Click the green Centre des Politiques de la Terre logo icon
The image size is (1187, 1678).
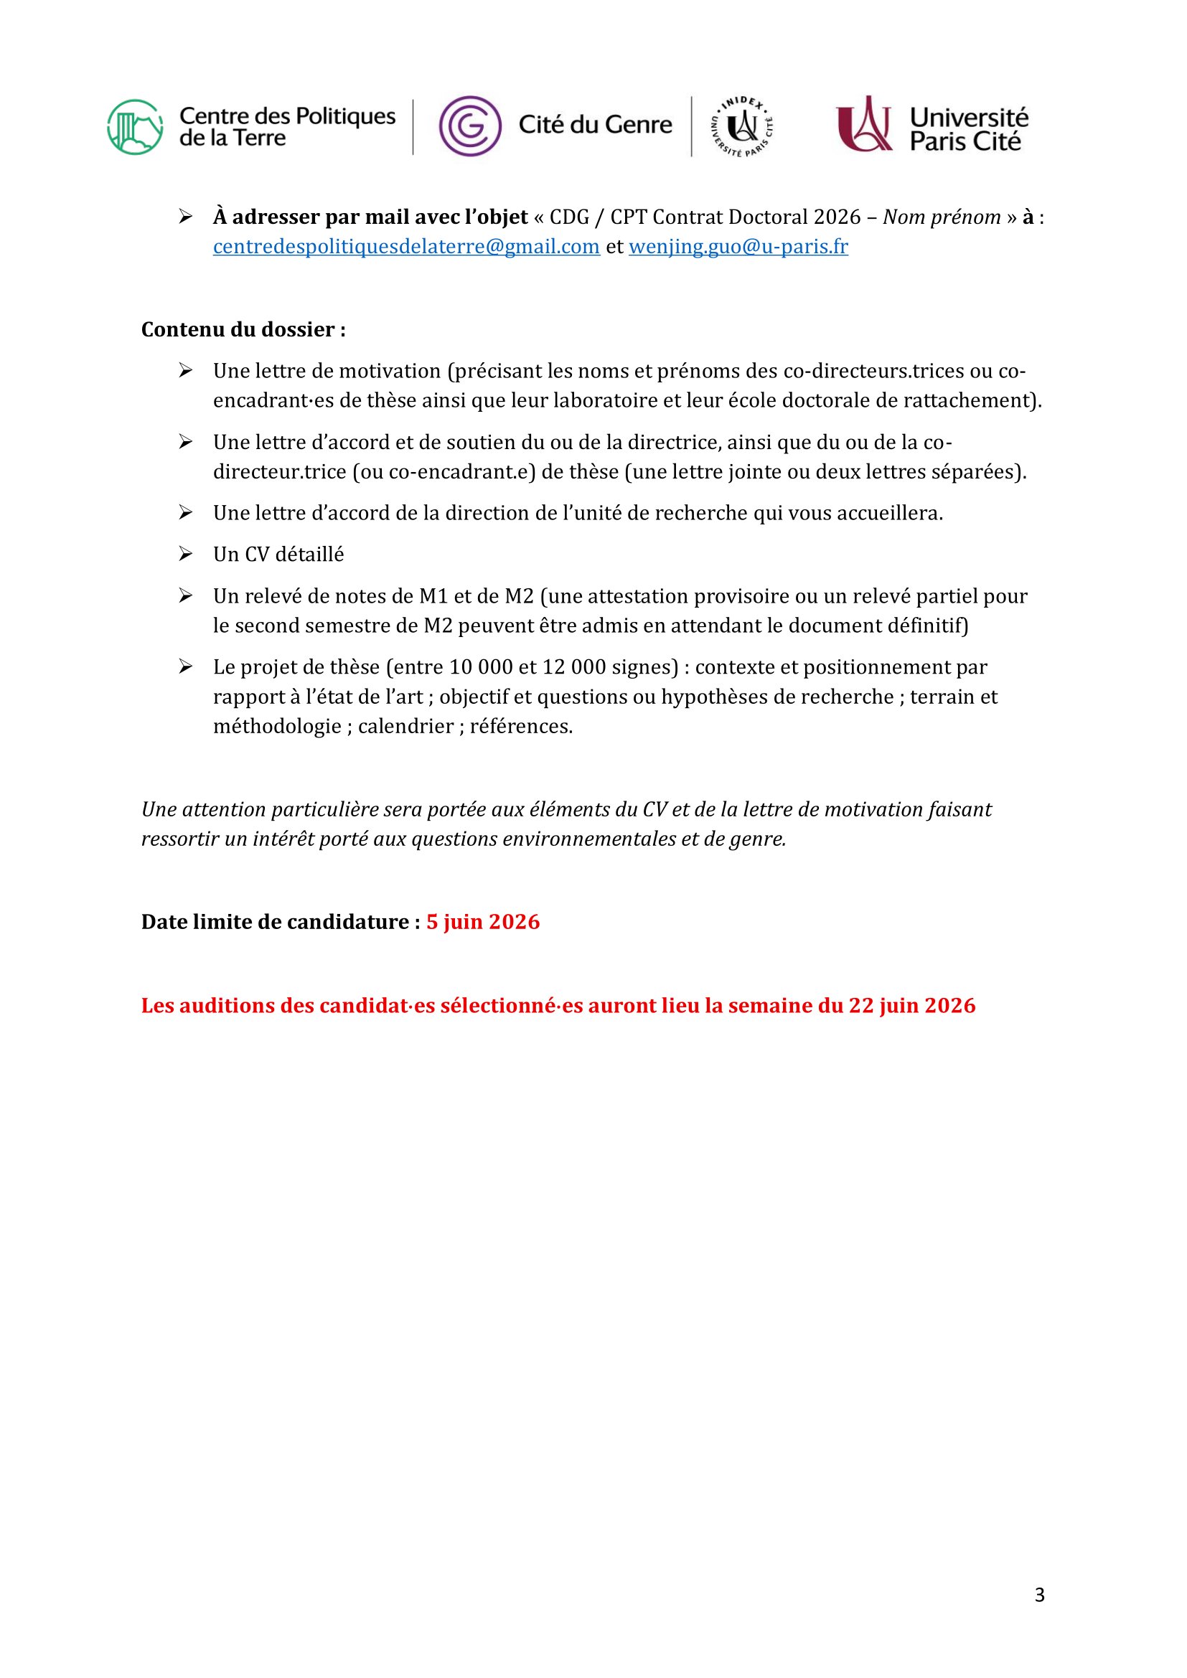[135, 127]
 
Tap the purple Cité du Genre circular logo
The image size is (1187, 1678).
[470, 126]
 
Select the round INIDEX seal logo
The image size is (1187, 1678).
[743, 126]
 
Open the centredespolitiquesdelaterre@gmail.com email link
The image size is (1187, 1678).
[406, 247]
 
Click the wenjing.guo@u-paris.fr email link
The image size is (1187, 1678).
[738, 247]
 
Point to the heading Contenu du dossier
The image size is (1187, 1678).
[243, 329]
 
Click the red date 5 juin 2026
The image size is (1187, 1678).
[483, 922]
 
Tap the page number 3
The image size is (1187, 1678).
[1039, 1595]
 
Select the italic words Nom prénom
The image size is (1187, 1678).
[942, 217]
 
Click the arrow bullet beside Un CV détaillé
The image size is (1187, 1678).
[186, 554]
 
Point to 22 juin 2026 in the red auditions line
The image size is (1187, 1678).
[911, 1006]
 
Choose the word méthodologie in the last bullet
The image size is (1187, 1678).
[277, 727]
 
